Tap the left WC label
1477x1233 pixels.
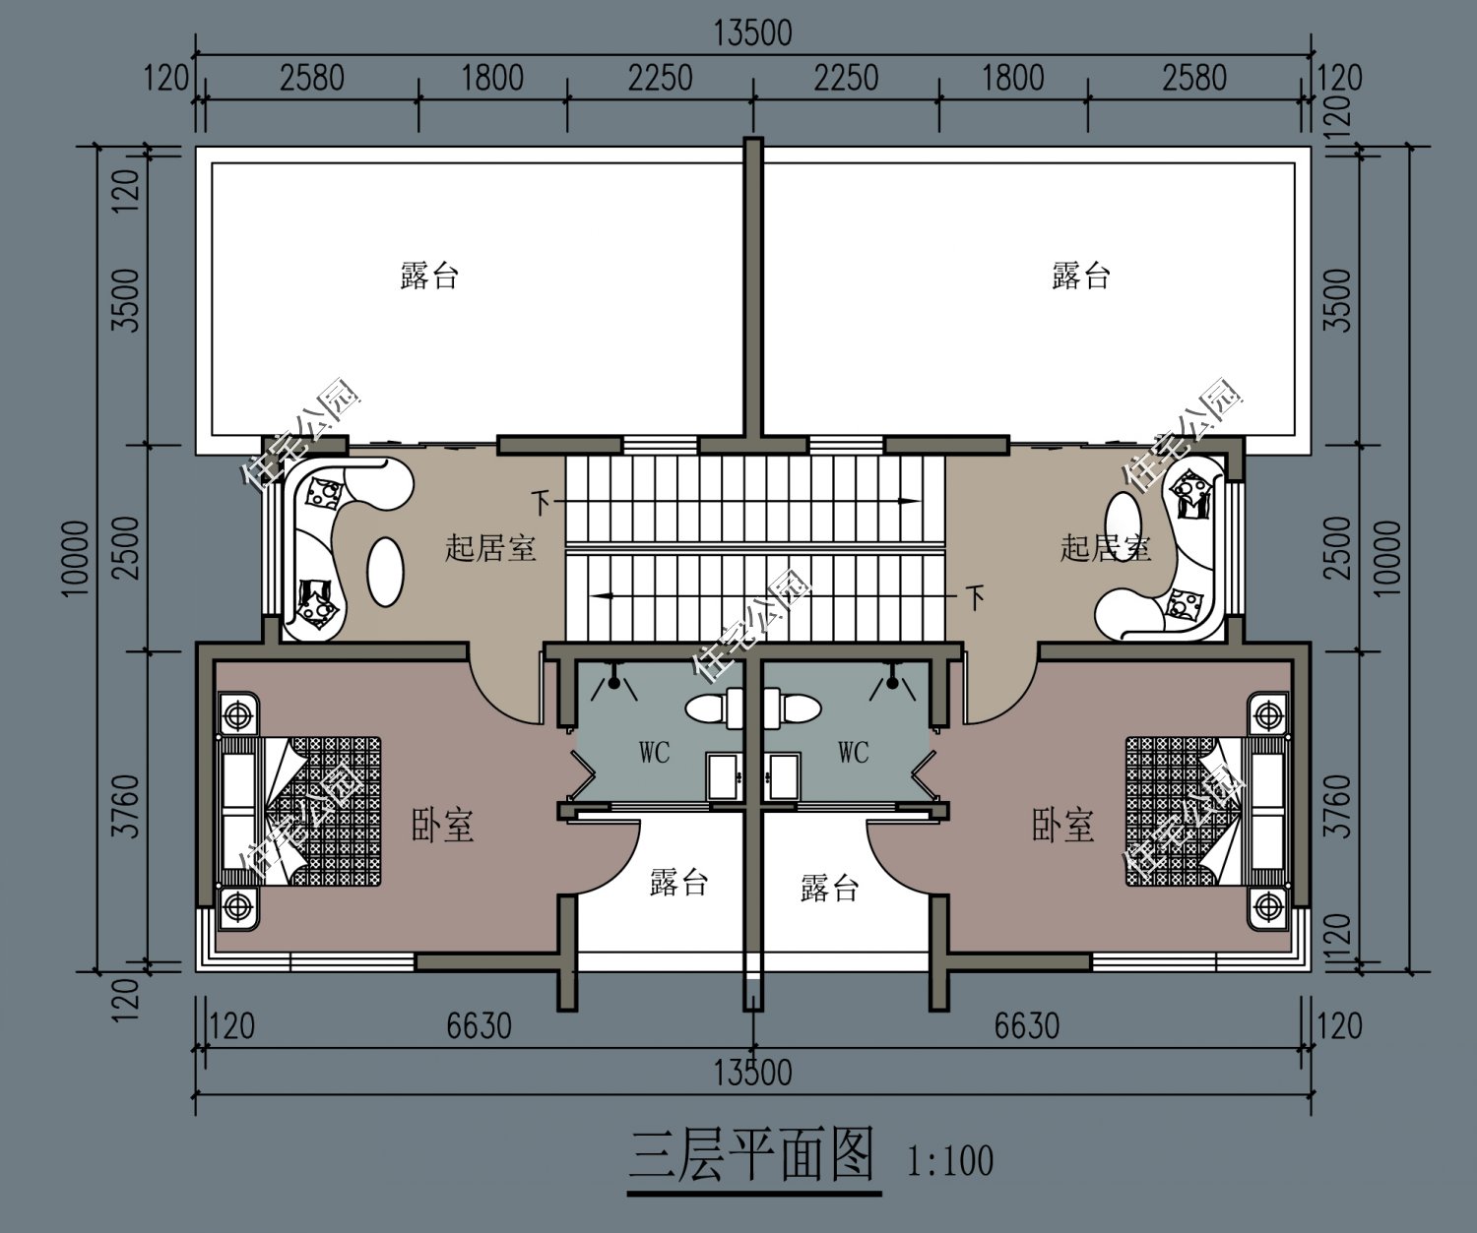pos(654,753)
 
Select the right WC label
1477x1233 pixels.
pos(854,753)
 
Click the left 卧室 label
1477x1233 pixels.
pos(442,825)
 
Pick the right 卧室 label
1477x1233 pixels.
pos(1063,825)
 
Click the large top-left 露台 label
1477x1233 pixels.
pos(429,276)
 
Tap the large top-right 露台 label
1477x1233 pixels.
pos(1081,276)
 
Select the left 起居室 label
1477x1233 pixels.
pos(490,547)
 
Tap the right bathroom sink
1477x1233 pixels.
pos(785,776)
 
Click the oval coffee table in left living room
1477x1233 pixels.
pos(385,572)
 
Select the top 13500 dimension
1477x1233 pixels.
pos(752,32)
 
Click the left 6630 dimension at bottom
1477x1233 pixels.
pos(479,1026)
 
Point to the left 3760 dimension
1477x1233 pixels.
pos(126,807)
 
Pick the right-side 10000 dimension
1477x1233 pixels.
pos(1386,557)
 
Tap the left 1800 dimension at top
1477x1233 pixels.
pos(492,77)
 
